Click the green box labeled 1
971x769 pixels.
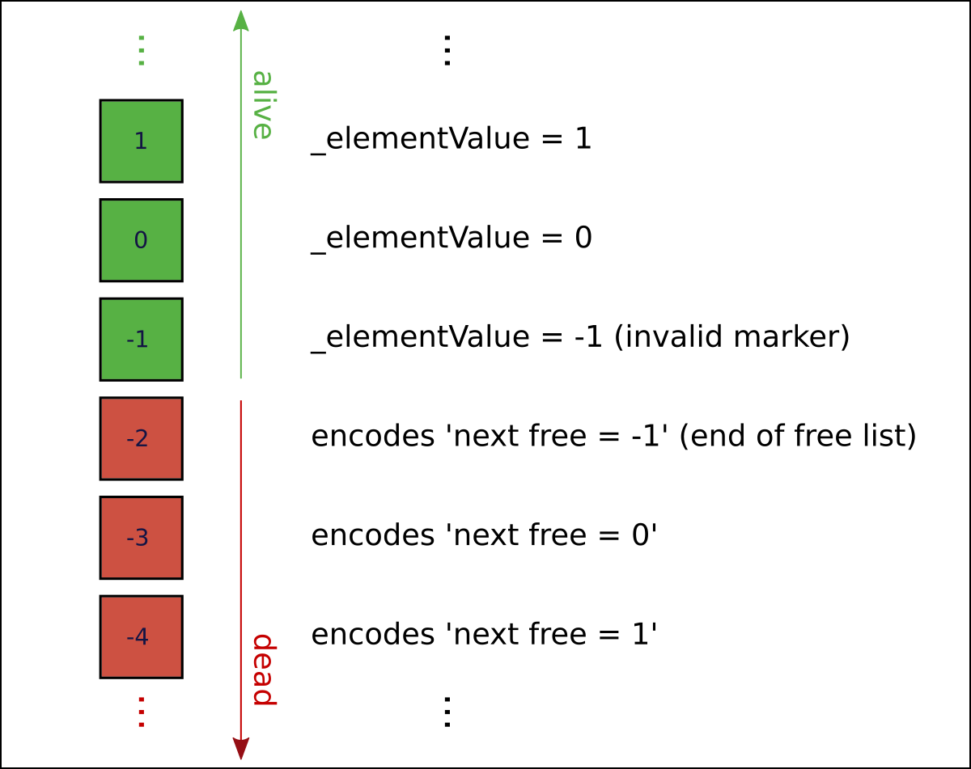(x=141, y=141)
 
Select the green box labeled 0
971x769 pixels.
(x=141, y=240)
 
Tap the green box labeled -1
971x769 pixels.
(x=141, y=340)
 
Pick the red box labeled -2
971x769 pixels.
(x=141, y=438)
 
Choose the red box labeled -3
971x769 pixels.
(x=141, y=538)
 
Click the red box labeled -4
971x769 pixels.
(x=141, y=637)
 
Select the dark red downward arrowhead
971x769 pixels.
(x=241, y=749)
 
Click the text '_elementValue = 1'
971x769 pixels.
(x=452, y=139)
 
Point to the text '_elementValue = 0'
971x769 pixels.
(x=452, y=239)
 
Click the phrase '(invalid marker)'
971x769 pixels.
(x=732, y=337)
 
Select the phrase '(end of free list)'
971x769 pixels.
(x=797, y=437)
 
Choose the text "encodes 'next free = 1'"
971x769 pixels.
(x=483, y=635)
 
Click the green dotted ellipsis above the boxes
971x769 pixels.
(x=141, y=50)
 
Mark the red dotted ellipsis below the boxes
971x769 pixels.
(x=141, y=712)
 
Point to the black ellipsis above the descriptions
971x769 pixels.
(x=446, y=50)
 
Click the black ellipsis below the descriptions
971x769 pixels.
(x=446, y=712)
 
